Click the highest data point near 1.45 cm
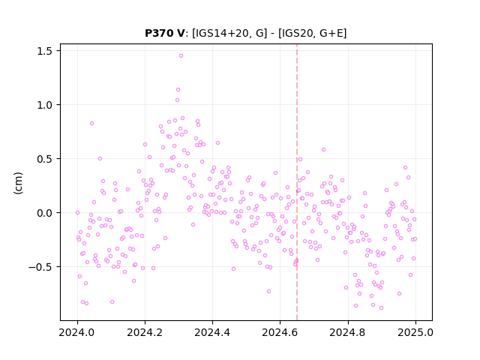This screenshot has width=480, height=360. coord(181,56)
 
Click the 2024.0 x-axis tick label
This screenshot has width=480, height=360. coord(77,332)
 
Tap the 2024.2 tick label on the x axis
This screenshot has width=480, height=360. coord(145,332)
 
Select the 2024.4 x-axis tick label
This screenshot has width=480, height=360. coord(212,332)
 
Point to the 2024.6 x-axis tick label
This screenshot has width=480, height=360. coord(280,332)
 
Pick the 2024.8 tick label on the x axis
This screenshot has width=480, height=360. coord(347,332)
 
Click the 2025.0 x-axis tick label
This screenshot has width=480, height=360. coord(415,332)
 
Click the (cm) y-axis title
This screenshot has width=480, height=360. coord(18,183)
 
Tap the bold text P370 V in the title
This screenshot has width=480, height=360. coord(165,33)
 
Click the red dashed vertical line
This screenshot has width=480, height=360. coord(297,182)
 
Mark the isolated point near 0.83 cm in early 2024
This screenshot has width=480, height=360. coord(91,123)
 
